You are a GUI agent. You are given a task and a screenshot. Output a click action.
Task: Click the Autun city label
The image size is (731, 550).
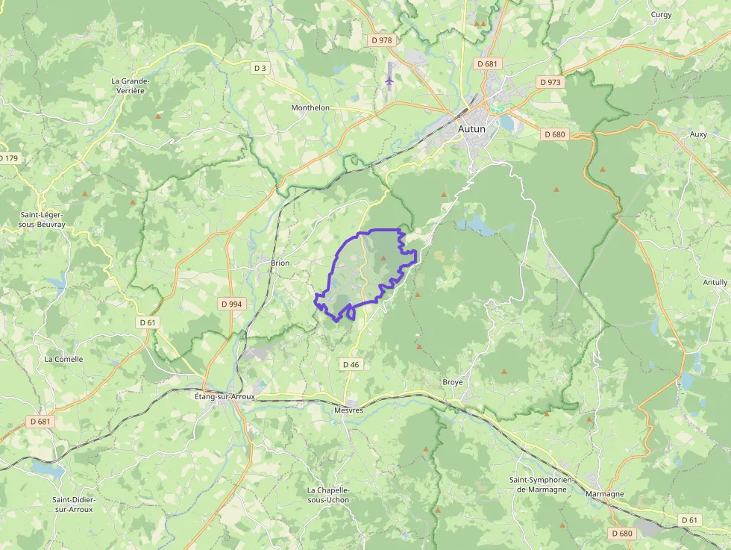[x=471, y=128]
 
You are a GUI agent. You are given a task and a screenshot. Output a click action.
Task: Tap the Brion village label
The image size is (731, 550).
[x=280, y=263]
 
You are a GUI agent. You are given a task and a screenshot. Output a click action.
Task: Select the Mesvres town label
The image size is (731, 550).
[x=348, y=410]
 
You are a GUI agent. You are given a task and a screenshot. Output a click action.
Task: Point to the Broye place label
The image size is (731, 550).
[x=452, y=382]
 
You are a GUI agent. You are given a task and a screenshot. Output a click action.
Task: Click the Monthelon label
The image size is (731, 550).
[x=310, y=107]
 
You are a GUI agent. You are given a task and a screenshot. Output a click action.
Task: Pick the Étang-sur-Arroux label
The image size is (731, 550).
[x=220, y=396]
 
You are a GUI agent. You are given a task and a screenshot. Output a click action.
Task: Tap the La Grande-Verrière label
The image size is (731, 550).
[x=131, y=85]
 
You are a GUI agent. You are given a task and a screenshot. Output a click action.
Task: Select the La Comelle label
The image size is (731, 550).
[x=63, y=359]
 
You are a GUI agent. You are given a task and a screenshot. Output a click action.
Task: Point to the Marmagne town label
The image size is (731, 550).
[x=605, y=494]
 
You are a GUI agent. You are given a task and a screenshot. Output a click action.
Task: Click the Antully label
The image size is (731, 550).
[x=715, y=282]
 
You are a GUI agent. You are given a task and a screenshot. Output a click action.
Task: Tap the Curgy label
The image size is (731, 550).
[x=661, y=14]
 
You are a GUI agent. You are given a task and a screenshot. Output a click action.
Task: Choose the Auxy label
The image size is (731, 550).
[x=699, y=134]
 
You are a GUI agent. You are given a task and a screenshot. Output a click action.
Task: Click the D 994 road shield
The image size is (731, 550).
[x=232, y=304]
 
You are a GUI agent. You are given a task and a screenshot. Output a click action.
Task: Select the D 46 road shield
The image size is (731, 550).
[x=351, y=364]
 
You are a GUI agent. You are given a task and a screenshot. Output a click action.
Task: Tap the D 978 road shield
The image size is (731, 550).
[x=380, y=40]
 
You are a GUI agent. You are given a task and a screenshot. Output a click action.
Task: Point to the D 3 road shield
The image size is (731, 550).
[x=260, y=68]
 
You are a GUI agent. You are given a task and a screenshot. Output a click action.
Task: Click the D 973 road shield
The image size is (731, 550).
[x=550, y=82]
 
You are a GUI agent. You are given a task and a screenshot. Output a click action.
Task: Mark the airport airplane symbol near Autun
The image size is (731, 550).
[x=389, y=78]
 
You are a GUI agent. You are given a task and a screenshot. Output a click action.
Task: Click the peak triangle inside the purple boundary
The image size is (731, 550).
[x=383, y=258]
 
